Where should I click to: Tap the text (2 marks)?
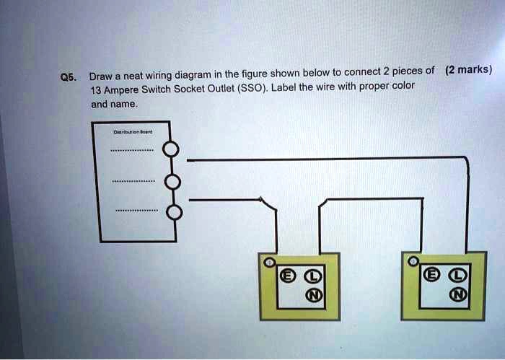point(469,70)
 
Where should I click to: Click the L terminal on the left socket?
point(311,275)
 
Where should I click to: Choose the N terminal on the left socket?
point(311,294)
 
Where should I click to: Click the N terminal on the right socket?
point(456,294)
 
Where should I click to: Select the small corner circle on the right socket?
point(412,260)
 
